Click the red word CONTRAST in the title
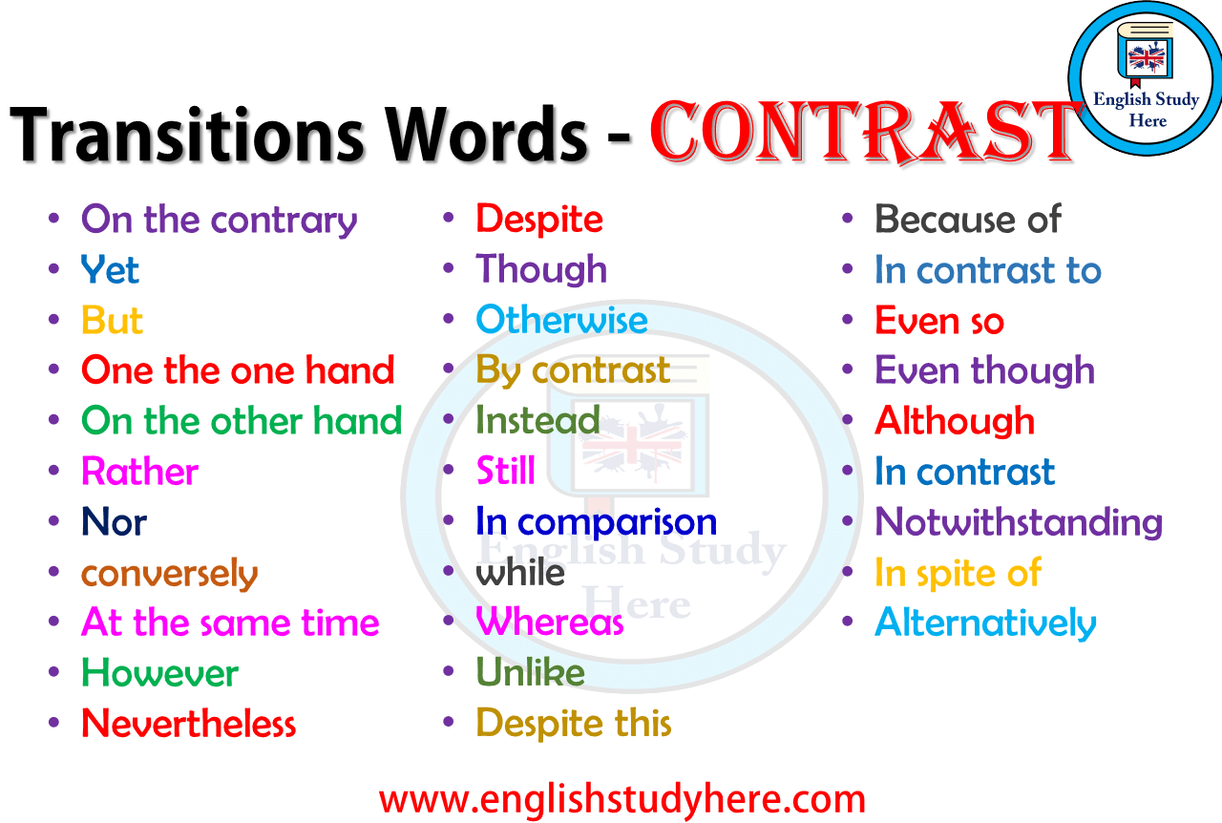[x=865, y=132]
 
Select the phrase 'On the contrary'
[x=219, y=220]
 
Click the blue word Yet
[x=110, y=269]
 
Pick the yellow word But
[x=112, y=320]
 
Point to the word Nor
[x=114, y=521]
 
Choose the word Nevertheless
[x=189, y=724]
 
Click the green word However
[x=159, y=673]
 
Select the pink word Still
[x=506, y=470]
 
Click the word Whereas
[x=550, y=622]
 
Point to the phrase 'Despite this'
[x=574, y=723]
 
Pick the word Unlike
[x=530, y=672]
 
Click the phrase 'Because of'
[x=968, y=220]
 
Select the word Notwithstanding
[x=1019, y=522]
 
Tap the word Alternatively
[x=986, y=623]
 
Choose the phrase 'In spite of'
[x=958, y=573]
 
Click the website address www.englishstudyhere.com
[x=622, y=799]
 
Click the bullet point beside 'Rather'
[x=53, y=471]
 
